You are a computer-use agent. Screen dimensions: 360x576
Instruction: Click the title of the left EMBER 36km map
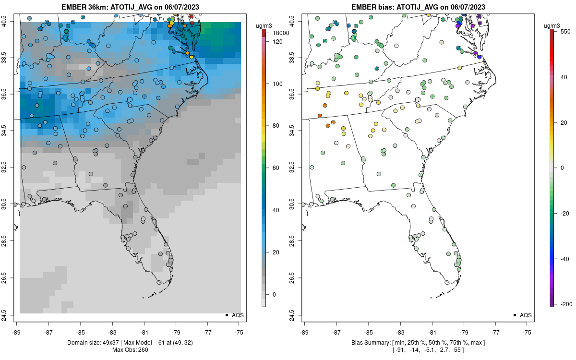[130, 7]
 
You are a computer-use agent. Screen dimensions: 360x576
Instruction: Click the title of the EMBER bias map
[418, 7]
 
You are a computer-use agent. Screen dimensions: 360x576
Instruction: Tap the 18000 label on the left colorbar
[280, 33]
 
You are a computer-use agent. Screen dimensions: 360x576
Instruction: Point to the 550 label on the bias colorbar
[565, 30]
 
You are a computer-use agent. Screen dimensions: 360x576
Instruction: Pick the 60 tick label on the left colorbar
[276, 168]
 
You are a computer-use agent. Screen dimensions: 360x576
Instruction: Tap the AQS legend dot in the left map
[226, 315]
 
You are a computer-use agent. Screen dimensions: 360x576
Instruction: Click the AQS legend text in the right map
[526, 315]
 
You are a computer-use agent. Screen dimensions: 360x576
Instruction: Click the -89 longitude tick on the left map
[17, 332]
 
